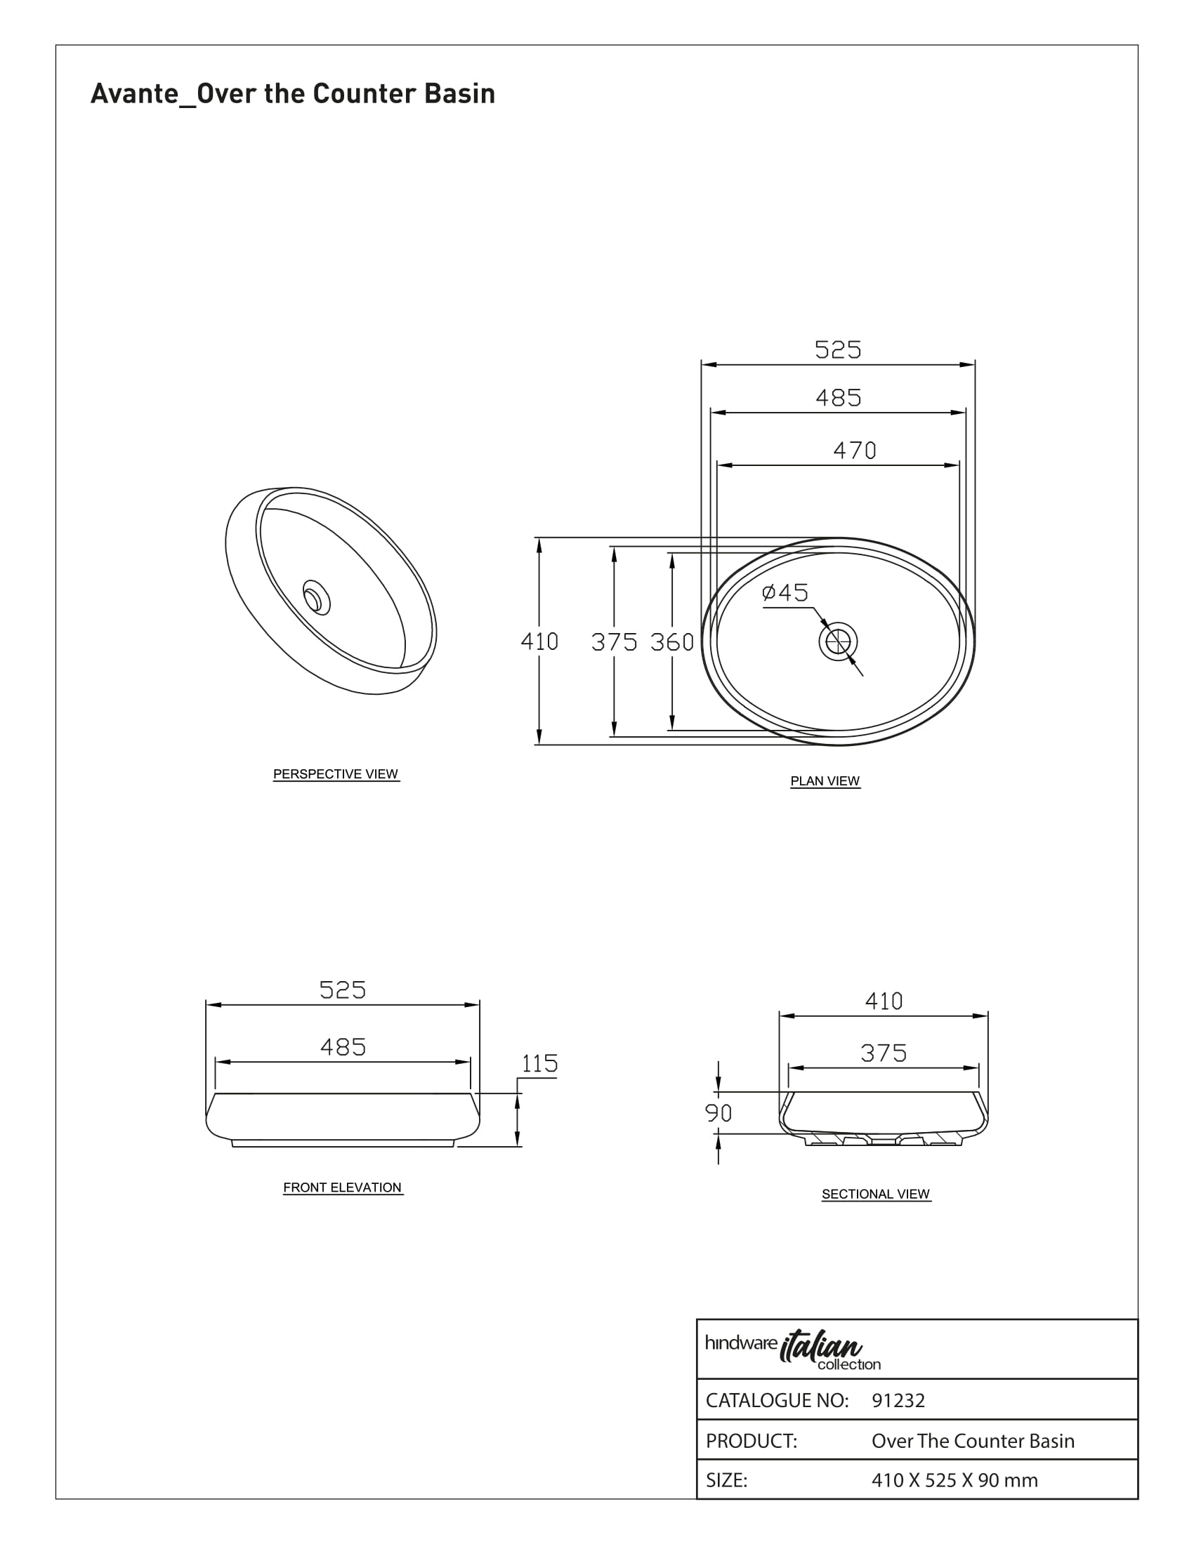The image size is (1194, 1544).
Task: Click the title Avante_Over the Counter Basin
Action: (x=293, y=94)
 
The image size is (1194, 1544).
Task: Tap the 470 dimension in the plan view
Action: (x=855, y=451)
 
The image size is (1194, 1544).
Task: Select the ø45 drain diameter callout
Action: (x=785, y=592)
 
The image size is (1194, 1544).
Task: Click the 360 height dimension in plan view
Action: (x=672, y=642)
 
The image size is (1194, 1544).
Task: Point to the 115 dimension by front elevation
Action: (x=539, y=1063)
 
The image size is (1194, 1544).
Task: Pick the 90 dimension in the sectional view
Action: (x=718, y=1114)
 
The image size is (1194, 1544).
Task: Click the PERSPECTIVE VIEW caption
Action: (x=336, y=774)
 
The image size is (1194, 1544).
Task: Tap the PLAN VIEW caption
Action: (x=825, y=781)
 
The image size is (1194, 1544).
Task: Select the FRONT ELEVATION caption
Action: (x=342, y=1187)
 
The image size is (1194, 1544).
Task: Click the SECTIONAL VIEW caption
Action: (x=876, y=1194)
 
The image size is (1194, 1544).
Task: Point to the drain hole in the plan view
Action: (x=838, y=641)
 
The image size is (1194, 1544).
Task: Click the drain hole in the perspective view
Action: (x=316, y=597)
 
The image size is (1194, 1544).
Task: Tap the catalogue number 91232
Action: (x=898, y=1401)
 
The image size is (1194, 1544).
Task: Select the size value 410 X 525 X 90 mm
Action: (x=954, y=1480)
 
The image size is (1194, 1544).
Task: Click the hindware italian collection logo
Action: (x=793, y=1351)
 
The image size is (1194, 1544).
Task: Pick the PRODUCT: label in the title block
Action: (x=752, y=1441)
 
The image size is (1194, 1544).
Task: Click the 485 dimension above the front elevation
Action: (x=343, y=1047)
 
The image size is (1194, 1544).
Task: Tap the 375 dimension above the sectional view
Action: (x=884, y=1053)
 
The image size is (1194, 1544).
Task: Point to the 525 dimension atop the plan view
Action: (x=838, y=350)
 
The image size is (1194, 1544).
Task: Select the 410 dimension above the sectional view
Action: (x=884, y=1001)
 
